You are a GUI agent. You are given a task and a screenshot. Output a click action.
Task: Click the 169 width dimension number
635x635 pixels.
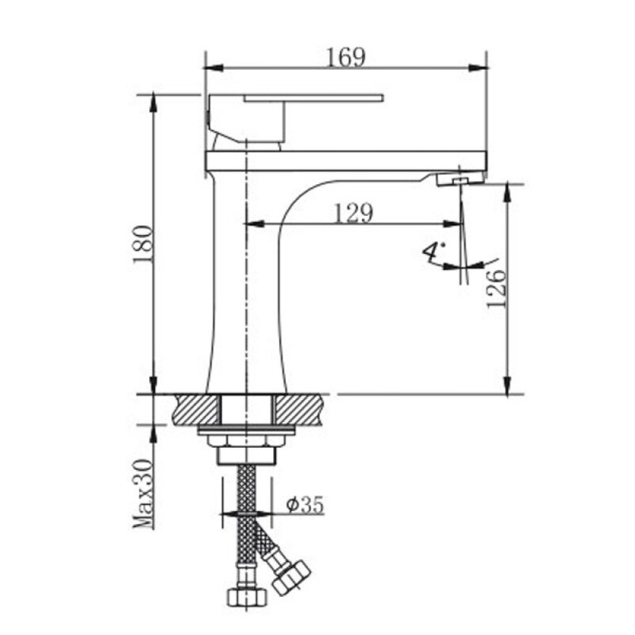pyautogui.click(x=346, y=57)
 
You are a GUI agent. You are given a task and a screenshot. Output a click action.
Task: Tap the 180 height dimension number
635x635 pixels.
pyautogui.click(x=144, y=244)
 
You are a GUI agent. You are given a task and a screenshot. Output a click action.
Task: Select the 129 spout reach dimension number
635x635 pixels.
pyautogui.click(x=353, y=213)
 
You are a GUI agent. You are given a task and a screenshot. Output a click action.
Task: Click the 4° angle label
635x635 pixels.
pyautogui.click(x=433, y=252)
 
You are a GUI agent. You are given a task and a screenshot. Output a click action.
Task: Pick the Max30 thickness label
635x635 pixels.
pyautogui.click(x=144, y=494)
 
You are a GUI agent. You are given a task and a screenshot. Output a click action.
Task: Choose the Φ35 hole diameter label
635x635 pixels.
pyautogui.click(x=305, y=505)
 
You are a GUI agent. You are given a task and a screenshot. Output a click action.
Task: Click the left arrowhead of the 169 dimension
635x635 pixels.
pyautogui.click(x=214, y=67)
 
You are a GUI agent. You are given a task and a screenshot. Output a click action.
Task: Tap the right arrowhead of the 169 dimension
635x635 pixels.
pyautogui.click(x=478, y=67)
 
